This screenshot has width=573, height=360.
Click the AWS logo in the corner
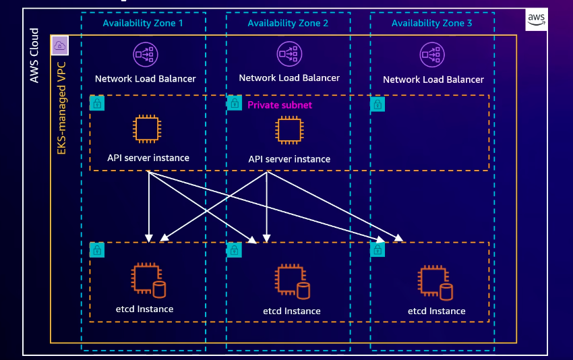pyautogui.click(x=536, y=19)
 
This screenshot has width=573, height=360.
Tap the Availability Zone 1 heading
pyautogui.click(x=143, y=23)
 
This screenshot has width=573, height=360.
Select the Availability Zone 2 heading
pyautogui.click(x=288, y=23)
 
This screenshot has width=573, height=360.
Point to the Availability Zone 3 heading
pyautogui.click(x=432, y=23)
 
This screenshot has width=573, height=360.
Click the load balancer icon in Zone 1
pyautogui.click(x=146, y=55)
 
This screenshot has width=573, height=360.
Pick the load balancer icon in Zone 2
pyautogui.click(x=289, y=54)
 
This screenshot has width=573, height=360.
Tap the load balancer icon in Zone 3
pyautogui.click(x=432, y=55)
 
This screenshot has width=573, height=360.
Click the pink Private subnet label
pyautogui.click(x=280, y=105)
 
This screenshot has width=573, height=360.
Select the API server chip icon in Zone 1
pyautogui.click(x=147, y=129)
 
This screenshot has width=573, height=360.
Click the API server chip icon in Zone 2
pyautogui.click(x=289, y=130)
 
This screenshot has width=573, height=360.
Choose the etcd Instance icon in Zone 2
pyautogui.click(x=293, y=281)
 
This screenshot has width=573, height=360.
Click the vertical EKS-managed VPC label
pyautogui.click(x=61, y=108)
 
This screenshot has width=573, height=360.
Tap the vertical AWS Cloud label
pyautogui.click(x=34, y=55)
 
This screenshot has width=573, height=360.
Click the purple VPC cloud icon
pyautogui.click(x=59, y=46)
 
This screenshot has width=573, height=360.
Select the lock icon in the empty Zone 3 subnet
pyautogui.click(x=378, y=104)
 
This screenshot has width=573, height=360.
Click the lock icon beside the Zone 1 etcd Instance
pyautogui.click(x=97, y=250)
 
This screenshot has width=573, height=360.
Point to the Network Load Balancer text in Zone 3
pyautogui.click(x=433, y=80)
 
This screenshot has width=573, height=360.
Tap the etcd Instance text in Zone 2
pyautogui.click(x=292, y=311)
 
